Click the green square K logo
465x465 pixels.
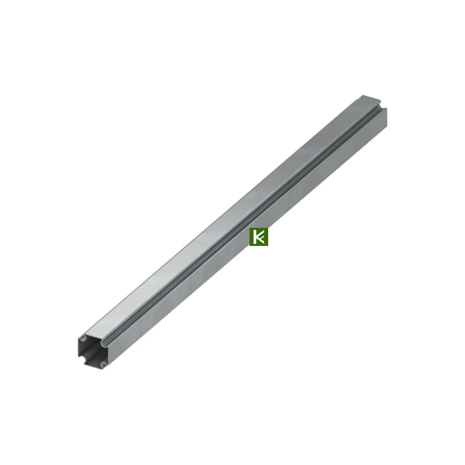pyautogui.click(x=259, y=237)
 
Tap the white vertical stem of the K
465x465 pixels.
pyautogui.click(x=254, y=237)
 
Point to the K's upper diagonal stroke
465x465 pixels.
pyautogui.click(x=260, y=234)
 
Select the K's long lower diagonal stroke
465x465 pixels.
pyautogui.click(x=261, y=240)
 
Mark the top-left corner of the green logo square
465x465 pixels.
pyautogui.click(x=250, y=227)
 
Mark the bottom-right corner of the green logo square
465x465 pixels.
pyautogui.click(x=268, y=246)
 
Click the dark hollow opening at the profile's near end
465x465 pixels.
pyautogui.click(x=91, y=352)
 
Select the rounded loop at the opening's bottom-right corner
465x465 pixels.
pyautogui.click(x=103, y=364)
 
